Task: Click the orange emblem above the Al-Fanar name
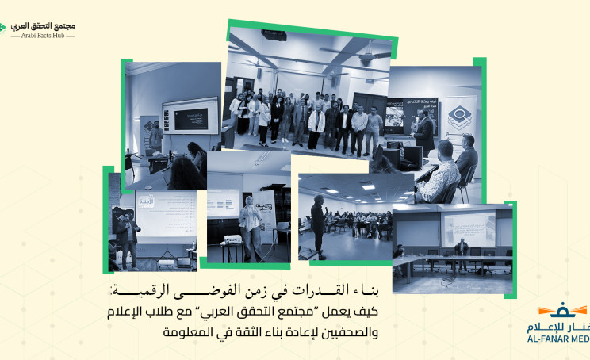564,309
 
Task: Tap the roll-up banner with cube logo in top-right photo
461,119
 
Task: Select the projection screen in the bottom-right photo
467,226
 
